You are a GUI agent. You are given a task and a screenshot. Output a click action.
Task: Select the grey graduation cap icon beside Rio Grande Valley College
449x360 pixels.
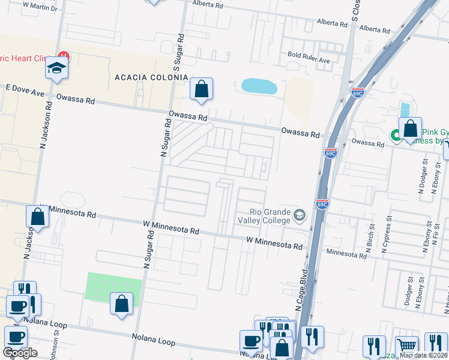click(299, 214)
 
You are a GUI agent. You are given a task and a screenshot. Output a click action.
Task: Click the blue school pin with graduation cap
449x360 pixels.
click(56, 68)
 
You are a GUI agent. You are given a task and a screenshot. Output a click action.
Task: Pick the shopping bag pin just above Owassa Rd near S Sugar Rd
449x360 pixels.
click(202, 89)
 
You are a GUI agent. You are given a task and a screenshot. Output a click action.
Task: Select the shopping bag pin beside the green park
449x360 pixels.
click(121, 304)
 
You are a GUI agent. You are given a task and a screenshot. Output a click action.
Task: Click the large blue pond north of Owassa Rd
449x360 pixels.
click(259, 86)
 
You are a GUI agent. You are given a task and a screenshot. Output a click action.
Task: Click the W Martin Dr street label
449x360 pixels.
click(40, 8)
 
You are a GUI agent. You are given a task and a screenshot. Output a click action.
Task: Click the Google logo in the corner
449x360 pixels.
click(20, 353)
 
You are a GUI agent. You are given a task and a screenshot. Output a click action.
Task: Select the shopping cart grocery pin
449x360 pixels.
click(407, 346)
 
